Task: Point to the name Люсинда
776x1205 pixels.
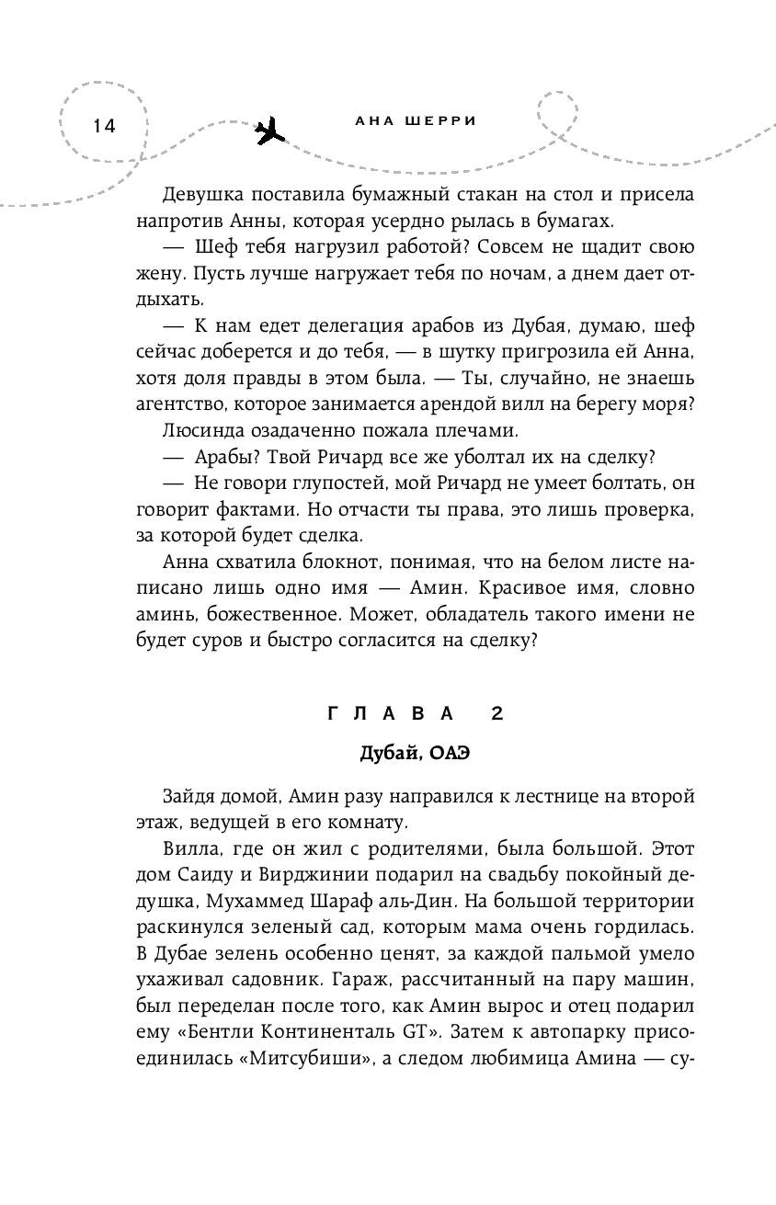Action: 201,430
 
